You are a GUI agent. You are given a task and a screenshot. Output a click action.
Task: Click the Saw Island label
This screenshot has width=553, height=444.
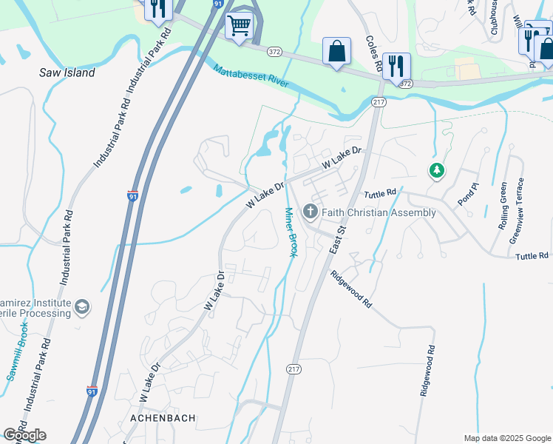[x=67, y=73]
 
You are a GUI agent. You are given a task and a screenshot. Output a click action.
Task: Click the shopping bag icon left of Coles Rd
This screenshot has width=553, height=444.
[x=336, y=51]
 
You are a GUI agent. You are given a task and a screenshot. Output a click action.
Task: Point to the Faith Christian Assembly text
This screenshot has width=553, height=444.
[x=379, y=212]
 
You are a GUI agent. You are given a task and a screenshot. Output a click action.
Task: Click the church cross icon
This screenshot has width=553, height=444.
[x=311, y=212]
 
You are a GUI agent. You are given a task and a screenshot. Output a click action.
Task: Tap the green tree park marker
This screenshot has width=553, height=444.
[x=437, y=171]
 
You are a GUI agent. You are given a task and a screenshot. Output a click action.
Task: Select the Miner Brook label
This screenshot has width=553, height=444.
[x=290, y=232]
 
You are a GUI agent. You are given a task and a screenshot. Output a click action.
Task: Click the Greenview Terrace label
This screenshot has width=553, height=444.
[x=519, y=210]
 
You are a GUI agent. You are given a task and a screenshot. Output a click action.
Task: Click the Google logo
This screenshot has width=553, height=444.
[x=24, y=435]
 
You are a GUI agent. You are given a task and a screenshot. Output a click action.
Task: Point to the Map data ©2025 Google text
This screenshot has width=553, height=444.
[x=506, y=438]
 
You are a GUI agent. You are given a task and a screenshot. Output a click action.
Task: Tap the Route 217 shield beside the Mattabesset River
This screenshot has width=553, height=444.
[x=379, y=101]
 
